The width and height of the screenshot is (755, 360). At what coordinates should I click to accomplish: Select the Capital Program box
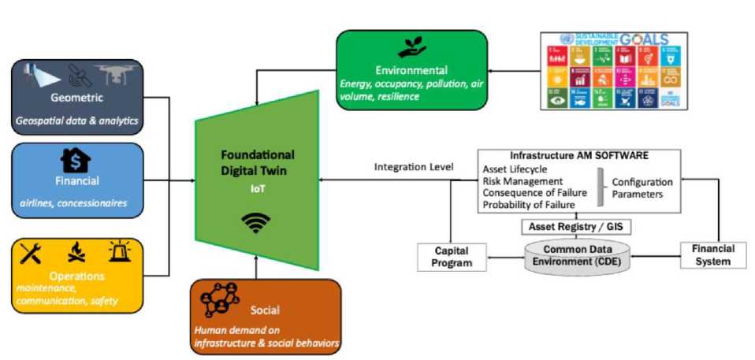(452, 257)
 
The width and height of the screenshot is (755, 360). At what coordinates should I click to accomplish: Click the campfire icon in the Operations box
(76, 254)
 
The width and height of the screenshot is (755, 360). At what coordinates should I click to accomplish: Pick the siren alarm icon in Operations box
(120, 252)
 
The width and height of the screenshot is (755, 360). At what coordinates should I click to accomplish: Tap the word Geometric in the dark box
(76, 98)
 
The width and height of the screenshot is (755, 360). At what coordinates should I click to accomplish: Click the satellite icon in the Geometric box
(77, 75)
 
